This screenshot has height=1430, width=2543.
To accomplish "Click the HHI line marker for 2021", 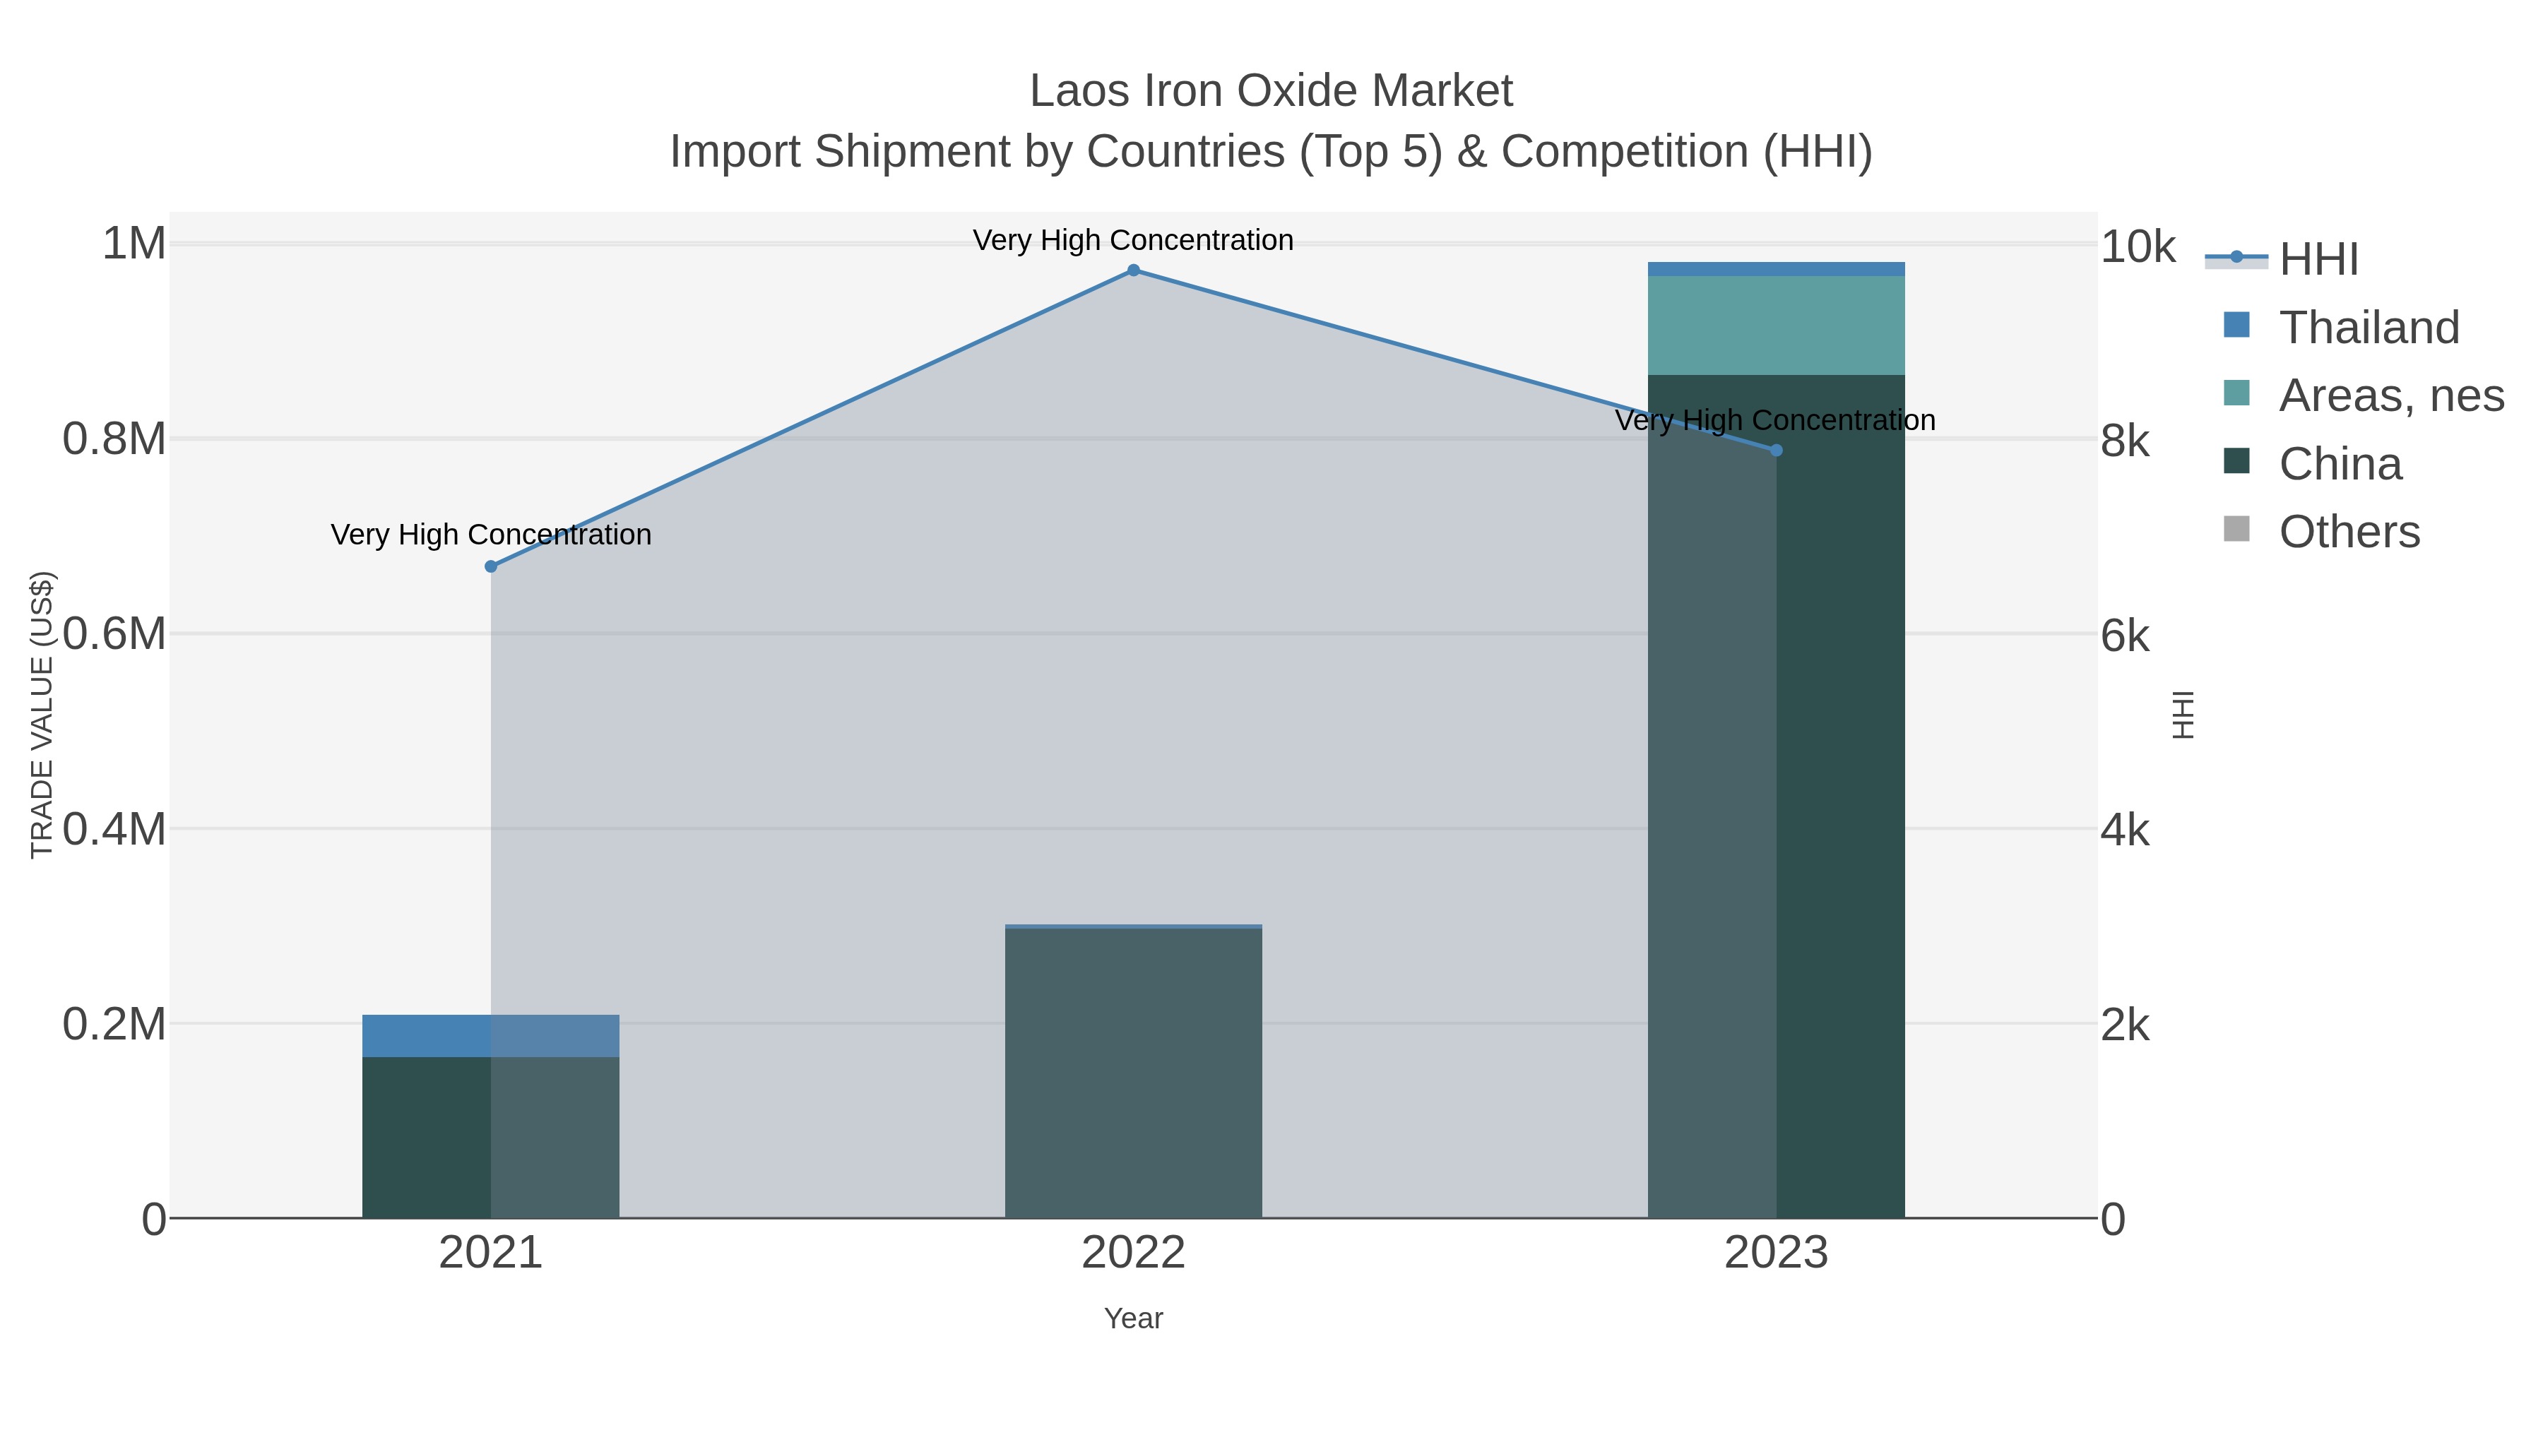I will (491, 566).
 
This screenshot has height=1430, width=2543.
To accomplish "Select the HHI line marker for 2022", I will (1133, 270).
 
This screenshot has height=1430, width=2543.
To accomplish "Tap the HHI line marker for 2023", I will (1776, 450).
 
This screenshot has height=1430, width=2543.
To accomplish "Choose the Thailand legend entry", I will (2369, 328).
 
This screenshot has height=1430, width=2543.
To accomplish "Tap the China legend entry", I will (2340, 464).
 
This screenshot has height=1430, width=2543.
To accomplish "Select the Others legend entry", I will (2349, 532).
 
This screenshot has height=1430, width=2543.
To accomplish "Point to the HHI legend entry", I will (2318, 260).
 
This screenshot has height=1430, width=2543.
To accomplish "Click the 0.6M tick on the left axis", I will (114, 633).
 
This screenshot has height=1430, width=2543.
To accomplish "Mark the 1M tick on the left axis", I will (134, 244).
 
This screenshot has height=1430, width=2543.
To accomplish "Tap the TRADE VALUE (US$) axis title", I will (42, 715).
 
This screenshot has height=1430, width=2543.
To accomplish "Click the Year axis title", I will (1133, 1318).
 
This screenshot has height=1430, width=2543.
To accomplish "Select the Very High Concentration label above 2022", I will (1133, 240).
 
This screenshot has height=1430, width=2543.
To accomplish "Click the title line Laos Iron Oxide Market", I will (1271, 91).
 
